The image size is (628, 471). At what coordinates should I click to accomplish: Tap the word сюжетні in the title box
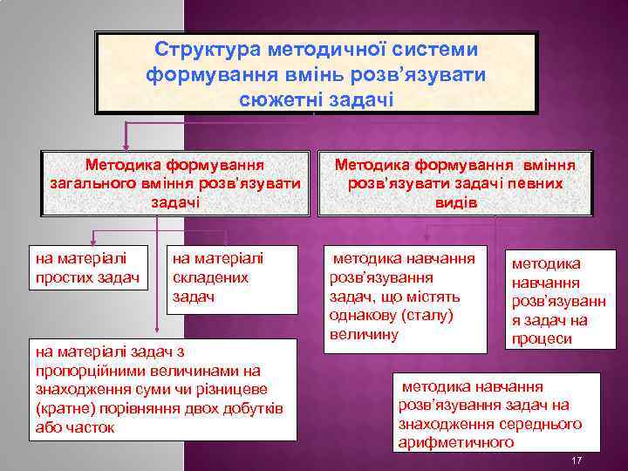(x=280, y=98)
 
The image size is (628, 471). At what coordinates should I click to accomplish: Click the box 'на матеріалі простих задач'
(x=86, y=268)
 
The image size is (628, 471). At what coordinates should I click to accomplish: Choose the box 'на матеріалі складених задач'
(x=217, y=277)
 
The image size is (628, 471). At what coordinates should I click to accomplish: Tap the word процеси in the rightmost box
(x=541, y=338)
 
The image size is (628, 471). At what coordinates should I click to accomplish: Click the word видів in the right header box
(x=455, y=202)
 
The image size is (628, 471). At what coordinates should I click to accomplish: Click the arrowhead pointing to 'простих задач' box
(x=93, y=242)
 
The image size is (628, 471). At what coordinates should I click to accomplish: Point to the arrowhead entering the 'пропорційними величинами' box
(x=156, y=331)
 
